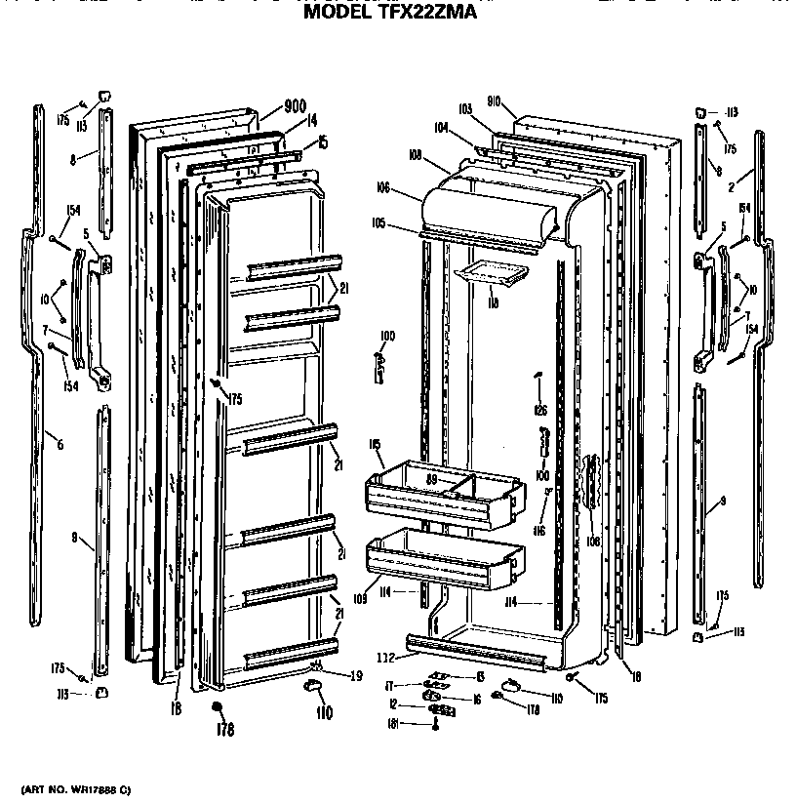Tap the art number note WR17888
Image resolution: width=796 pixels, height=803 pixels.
(x=74, y=787)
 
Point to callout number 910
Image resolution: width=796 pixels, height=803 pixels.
(x=494, y=100)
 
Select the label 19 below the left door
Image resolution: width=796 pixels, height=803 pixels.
(x=356, y=674)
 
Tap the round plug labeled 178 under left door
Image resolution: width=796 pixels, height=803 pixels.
(x=217, y=705)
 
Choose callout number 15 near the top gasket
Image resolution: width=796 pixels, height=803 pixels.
(x=322, y=142)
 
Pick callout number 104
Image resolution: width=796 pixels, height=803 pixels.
(x=441, y=127)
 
